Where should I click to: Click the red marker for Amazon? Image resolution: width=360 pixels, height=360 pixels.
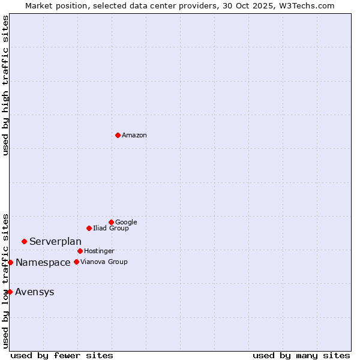click(x=118, y=135)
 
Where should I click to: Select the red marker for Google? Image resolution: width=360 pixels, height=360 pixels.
click(x=111, y=222)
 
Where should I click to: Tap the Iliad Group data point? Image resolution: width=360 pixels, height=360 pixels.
click(x=89, y=228)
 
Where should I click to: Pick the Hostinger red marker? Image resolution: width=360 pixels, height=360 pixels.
click(x=80, y=251)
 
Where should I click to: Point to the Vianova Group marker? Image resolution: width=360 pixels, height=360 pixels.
click(x=76, y=262)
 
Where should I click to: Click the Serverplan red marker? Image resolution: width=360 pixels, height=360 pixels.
click(x=24, y=241)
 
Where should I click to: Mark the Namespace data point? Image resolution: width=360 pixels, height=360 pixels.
click(x=10, y=262)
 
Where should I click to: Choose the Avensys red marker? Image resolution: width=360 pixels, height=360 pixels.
click(x=10, y=292)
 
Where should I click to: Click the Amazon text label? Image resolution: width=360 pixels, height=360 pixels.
click(x=134, y=136)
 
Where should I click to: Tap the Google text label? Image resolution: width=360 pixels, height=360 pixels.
click(x=126, y=223)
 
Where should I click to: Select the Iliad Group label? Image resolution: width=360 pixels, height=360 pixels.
click(x=111, y=229)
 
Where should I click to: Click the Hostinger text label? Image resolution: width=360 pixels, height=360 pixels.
click(x=99, y=251)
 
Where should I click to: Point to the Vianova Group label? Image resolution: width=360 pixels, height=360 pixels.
click(x=104, y=262)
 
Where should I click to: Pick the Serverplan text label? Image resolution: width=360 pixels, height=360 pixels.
click(x=55, y=242)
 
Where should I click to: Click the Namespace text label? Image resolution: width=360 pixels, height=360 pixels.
click(x=43, y=263)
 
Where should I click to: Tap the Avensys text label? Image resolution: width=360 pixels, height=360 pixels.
click(x=35, y=292)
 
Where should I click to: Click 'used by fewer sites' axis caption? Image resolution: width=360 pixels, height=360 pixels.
click(x=62, y=356)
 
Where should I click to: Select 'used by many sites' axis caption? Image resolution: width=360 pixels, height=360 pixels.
click(x=301, y=356)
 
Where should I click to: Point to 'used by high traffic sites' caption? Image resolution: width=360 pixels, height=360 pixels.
click(x=6, y=85)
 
